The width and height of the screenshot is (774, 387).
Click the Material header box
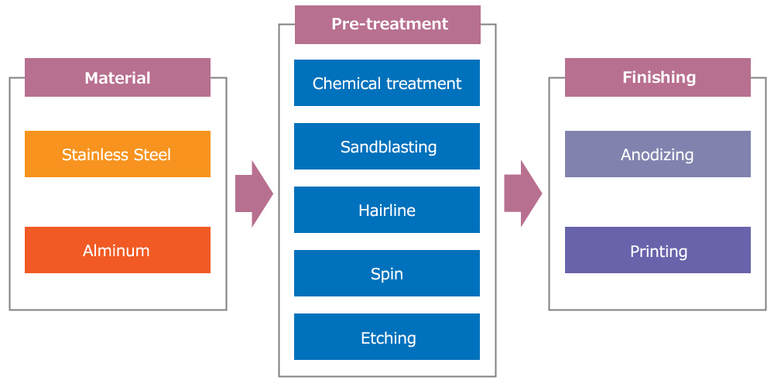click(118, 77)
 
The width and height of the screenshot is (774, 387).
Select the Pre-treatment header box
click(388, 25)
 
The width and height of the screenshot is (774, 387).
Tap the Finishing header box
click(657, 77)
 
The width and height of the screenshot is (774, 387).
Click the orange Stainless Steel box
click(118, 154)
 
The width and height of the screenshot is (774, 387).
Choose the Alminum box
click(118, 250)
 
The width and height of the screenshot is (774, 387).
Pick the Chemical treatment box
click(387, 83)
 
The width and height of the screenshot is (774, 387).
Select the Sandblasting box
click(387, 146)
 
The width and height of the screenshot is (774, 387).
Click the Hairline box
click(387, 210)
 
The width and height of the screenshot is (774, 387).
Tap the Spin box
click(387, 273)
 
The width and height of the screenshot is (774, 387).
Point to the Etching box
click(387, 337)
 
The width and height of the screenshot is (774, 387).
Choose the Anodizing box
click(657, 154)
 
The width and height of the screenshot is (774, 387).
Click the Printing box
click(657, 250)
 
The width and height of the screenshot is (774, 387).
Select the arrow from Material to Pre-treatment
click(254, 193)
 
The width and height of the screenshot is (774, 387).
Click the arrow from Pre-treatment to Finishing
click(523, 193)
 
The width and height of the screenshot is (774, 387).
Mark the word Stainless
click(96, 155)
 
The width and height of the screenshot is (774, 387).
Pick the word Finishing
click(659, 77)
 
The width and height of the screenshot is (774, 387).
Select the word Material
click(118, 78)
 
